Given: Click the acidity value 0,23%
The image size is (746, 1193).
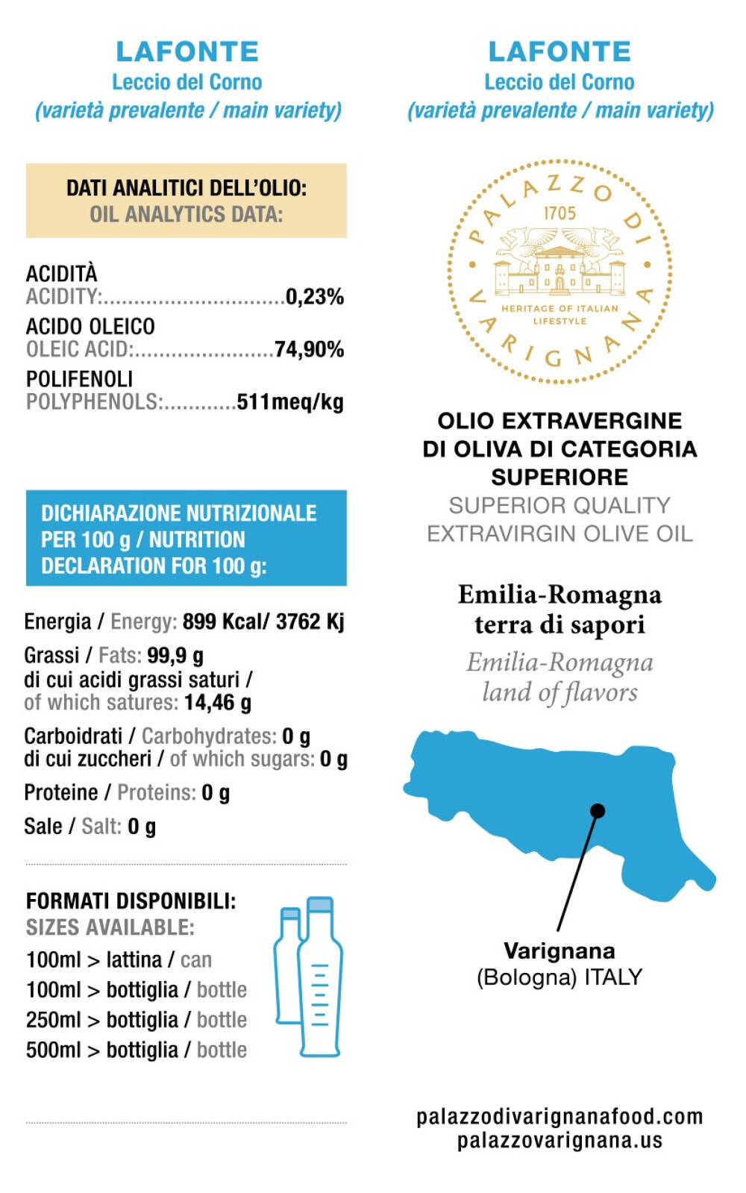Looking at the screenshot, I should coord(315,297).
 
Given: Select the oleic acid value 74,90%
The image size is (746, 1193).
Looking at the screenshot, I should coord(309,349).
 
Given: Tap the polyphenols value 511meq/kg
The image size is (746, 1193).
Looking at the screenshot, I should coord(290,402).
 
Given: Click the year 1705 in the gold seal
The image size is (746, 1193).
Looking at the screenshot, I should coord(559,213).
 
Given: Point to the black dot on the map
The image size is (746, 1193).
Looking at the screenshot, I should coord(597,810).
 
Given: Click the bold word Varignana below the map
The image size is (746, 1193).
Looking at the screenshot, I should coord(559,951).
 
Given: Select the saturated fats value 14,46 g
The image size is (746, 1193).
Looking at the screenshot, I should coord(218,703).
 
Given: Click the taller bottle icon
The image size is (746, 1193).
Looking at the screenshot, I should coord(321,977).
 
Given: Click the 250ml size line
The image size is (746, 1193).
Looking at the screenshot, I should coord(137,1020).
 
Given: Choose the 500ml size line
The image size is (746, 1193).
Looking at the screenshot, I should coord(137,1050).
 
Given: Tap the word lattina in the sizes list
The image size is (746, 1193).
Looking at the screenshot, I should coord(134,959).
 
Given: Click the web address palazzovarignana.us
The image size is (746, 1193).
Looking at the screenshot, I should coord(559,1140).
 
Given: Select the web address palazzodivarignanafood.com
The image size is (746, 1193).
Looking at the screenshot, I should coord(559,1116).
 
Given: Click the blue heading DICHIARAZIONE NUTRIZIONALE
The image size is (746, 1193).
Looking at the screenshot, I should coord(179,513).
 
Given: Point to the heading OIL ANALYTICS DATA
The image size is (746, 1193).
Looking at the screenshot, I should coord(186,215).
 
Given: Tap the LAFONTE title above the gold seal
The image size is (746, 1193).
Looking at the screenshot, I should coord(559,51).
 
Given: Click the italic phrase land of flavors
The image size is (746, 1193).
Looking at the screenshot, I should coord(559,692).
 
